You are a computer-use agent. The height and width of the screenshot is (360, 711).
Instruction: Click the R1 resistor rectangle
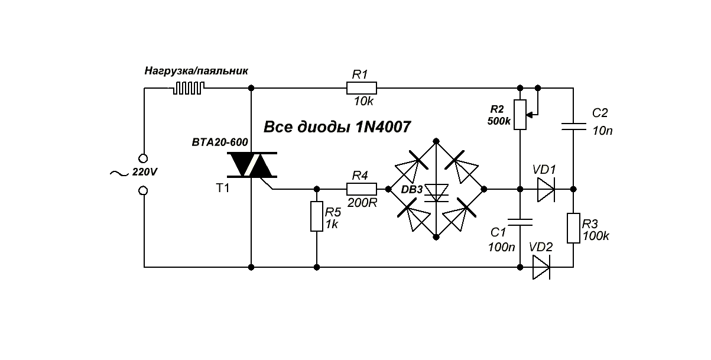(361, 88)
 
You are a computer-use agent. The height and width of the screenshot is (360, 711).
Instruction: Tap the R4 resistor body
(361, 189)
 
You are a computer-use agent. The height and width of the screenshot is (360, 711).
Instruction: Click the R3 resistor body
(573, 228)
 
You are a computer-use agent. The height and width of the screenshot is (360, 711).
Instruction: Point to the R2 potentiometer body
(520, 115)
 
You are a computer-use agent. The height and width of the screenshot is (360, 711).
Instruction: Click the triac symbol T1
(251, 166)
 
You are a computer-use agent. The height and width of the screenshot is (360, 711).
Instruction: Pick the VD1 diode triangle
(545, 189)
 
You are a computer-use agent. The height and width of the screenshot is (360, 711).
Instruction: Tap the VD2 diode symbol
(540, 267)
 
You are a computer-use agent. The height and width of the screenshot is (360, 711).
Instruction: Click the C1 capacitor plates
(520, 222)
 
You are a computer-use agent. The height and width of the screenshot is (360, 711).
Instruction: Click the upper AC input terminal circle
(144, 158)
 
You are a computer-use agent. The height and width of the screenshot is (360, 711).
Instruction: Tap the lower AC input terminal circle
(144, 190)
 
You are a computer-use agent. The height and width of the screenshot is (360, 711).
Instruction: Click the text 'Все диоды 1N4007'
(337, 127)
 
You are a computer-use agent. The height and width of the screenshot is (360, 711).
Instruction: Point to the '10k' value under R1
(363, 102)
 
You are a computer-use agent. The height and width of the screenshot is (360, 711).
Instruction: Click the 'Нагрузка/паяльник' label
(196, 71)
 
